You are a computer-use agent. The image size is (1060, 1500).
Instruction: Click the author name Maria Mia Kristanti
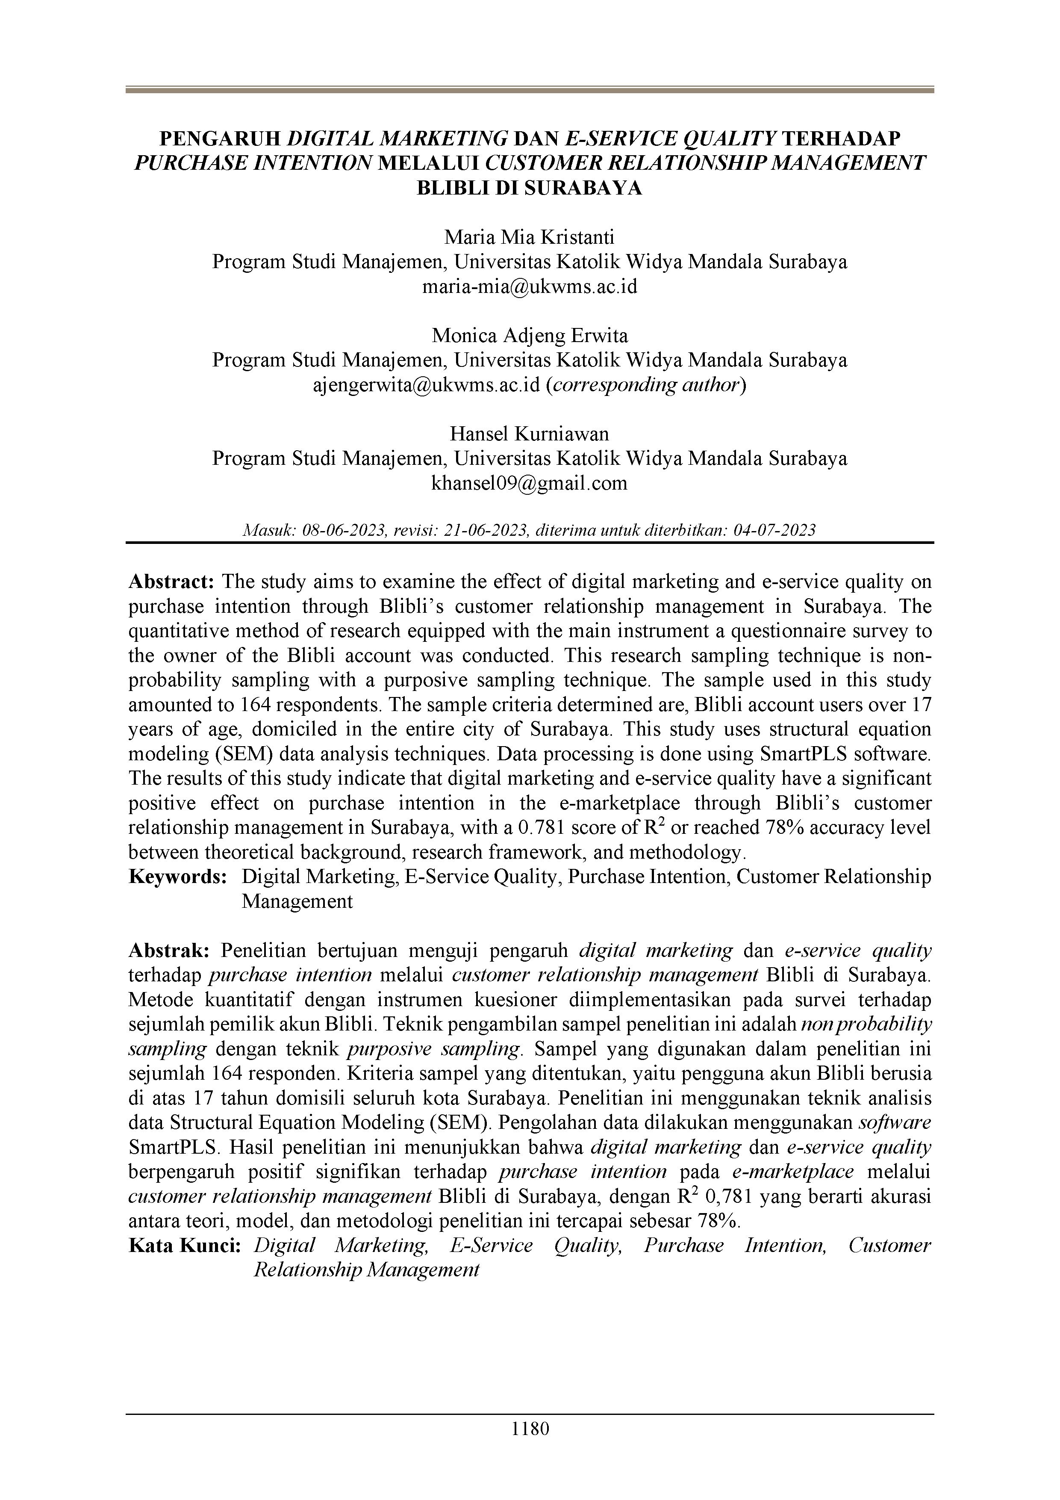click(530, 236)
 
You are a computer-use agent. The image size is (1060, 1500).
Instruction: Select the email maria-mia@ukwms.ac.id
click(530, 286)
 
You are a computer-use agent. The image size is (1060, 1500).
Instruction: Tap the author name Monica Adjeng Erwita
click(530, 336)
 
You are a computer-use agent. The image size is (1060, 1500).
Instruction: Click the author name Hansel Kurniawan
click(530, 434)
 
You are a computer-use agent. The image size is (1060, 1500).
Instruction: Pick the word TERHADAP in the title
click(841, 139)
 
